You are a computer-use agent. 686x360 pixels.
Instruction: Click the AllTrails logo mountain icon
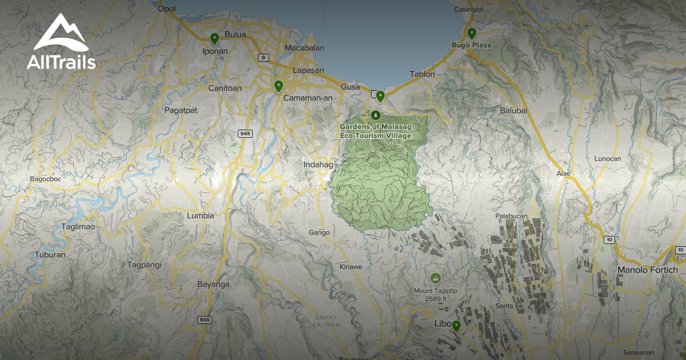tap(61, 33)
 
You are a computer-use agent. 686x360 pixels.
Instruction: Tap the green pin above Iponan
tap(214, 38)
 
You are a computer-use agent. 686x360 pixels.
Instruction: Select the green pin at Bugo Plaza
tap(472, 33)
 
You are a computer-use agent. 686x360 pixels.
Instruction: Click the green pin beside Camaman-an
tap(278, 86)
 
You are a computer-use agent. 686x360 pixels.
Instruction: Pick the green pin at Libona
tap(456, 326)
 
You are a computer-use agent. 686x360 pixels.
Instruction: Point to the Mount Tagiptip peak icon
tap(435, 278)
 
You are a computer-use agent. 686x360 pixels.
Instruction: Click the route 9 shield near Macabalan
tap(263, 57)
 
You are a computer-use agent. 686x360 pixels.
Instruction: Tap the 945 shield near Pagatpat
tap(245, 134)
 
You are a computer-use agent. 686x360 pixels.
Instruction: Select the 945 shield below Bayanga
tap(205, 319)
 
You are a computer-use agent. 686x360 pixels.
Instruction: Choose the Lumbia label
tap(201, 215)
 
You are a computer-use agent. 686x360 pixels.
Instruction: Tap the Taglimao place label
tap(78, 227)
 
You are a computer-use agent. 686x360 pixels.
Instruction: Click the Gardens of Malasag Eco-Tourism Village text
tap(376, 131)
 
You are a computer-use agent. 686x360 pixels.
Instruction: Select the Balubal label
tap(513, 110)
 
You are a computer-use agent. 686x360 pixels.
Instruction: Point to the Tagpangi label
tap(144, 265)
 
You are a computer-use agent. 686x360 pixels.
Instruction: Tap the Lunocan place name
tap(608, 158)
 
